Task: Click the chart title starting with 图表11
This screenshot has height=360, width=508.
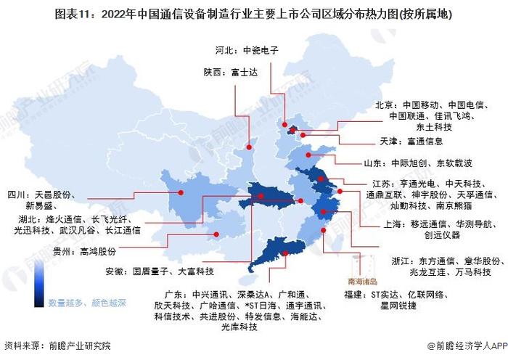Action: coord(254,13)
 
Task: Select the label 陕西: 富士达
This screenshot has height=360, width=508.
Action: coord(226,72)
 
